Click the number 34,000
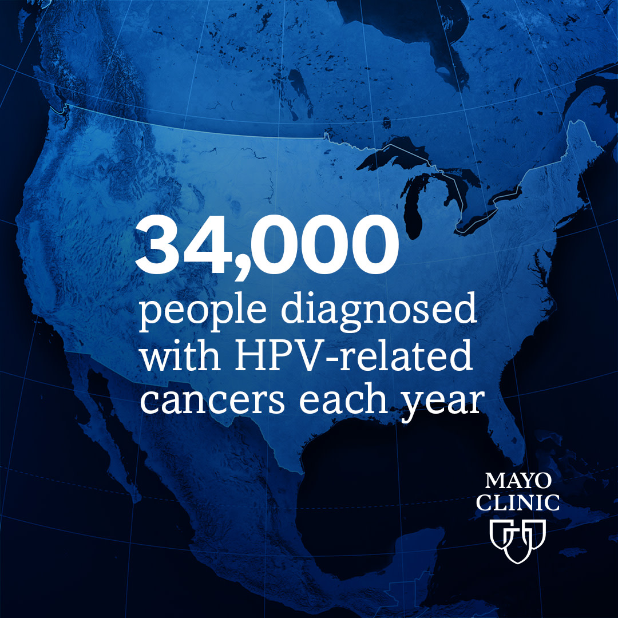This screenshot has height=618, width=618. tap(267, 248)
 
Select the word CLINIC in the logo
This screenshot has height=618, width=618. tap(518, 502)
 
